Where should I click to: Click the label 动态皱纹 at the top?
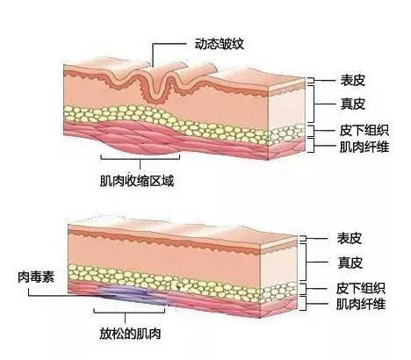click(x=219, y=44)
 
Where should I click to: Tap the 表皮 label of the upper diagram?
click(x=352, y=80)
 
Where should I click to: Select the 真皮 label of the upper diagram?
click(x=352, y=104)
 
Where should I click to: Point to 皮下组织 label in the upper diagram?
click(x=364, y=130)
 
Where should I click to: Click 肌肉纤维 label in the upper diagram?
click(x=364, y=147)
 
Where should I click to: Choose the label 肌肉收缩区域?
click(x=137, y=181)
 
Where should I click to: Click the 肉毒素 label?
click(x=36, y=277)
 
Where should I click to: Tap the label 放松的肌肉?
click(x=130, y=334)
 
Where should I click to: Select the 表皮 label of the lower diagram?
click(x=349, y=238)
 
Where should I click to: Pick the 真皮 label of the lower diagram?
click(x=350, y=263)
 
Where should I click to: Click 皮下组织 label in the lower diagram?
click(x=361, y=288)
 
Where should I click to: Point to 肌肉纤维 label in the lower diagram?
click(x=361, y=304)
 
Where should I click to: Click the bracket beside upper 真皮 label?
click(x=314, y=104)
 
